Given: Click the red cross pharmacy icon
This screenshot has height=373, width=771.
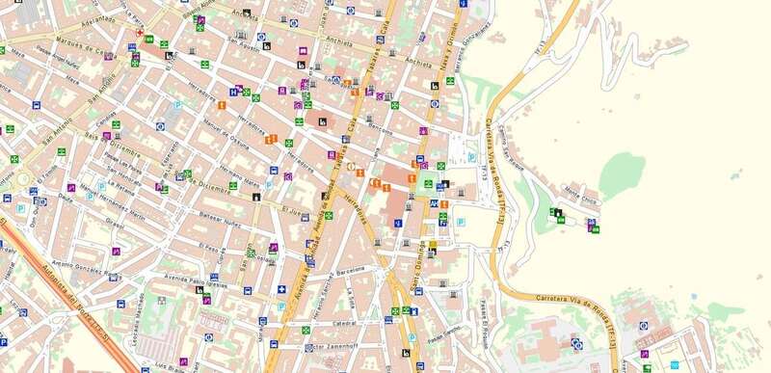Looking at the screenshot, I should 140,33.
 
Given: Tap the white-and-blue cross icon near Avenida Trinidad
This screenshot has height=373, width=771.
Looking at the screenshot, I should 281,289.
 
